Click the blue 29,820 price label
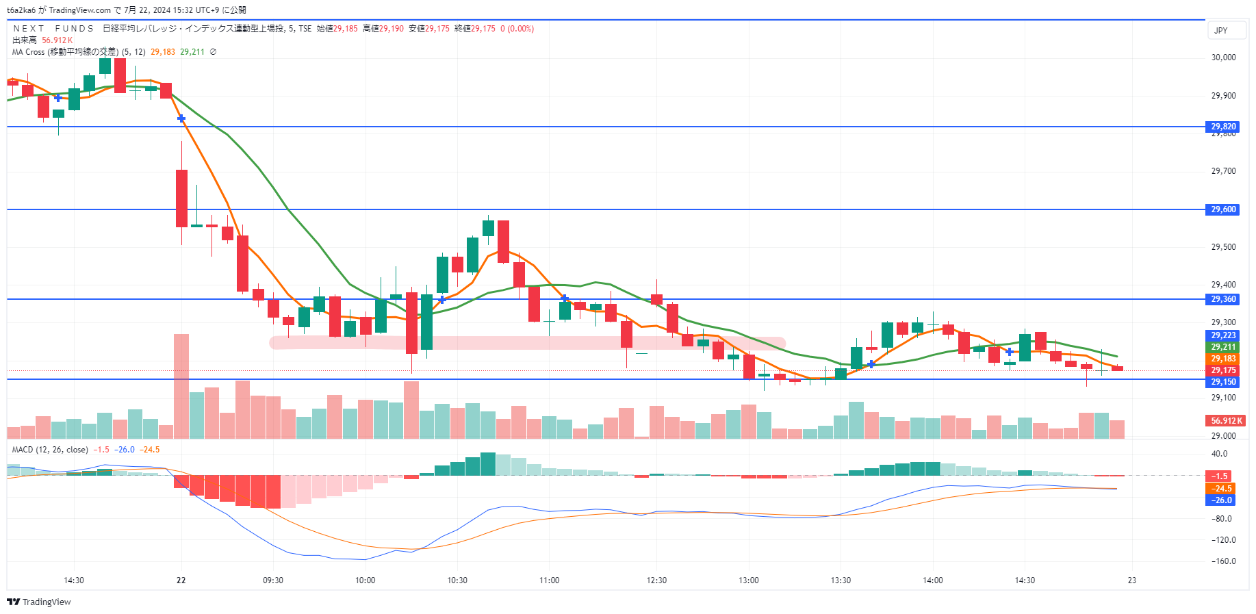tap(1223, 127)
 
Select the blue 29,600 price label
tap(1223, 209)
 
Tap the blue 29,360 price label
tap(1223, 299)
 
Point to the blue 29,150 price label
tap(1223, 382)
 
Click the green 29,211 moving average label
tap(1223, 347)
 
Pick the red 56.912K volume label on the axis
tap(1226, 421)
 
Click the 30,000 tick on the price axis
tap(1223, 57)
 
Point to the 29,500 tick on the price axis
tap(1223, 247)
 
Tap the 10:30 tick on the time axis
tap(457, 580)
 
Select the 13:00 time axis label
tap(748, 580)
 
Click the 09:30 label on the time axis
tap(272, 580)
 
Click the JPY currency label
tap(1221, 31)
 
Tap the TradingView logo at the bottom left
tap(39, 602)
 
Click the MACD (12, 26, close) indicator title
tap(50, 450)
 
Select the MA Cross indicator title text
tap(65, 52)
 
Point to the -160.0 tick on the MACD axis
tap(1223, 561)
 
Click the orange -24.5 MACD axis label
tap(1222, 489)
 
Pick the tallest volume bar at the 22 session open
tap(181, 386)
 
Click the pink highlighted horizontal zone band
tap(527, 343)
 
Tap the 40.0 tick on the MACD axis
tap(1219, 454)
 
